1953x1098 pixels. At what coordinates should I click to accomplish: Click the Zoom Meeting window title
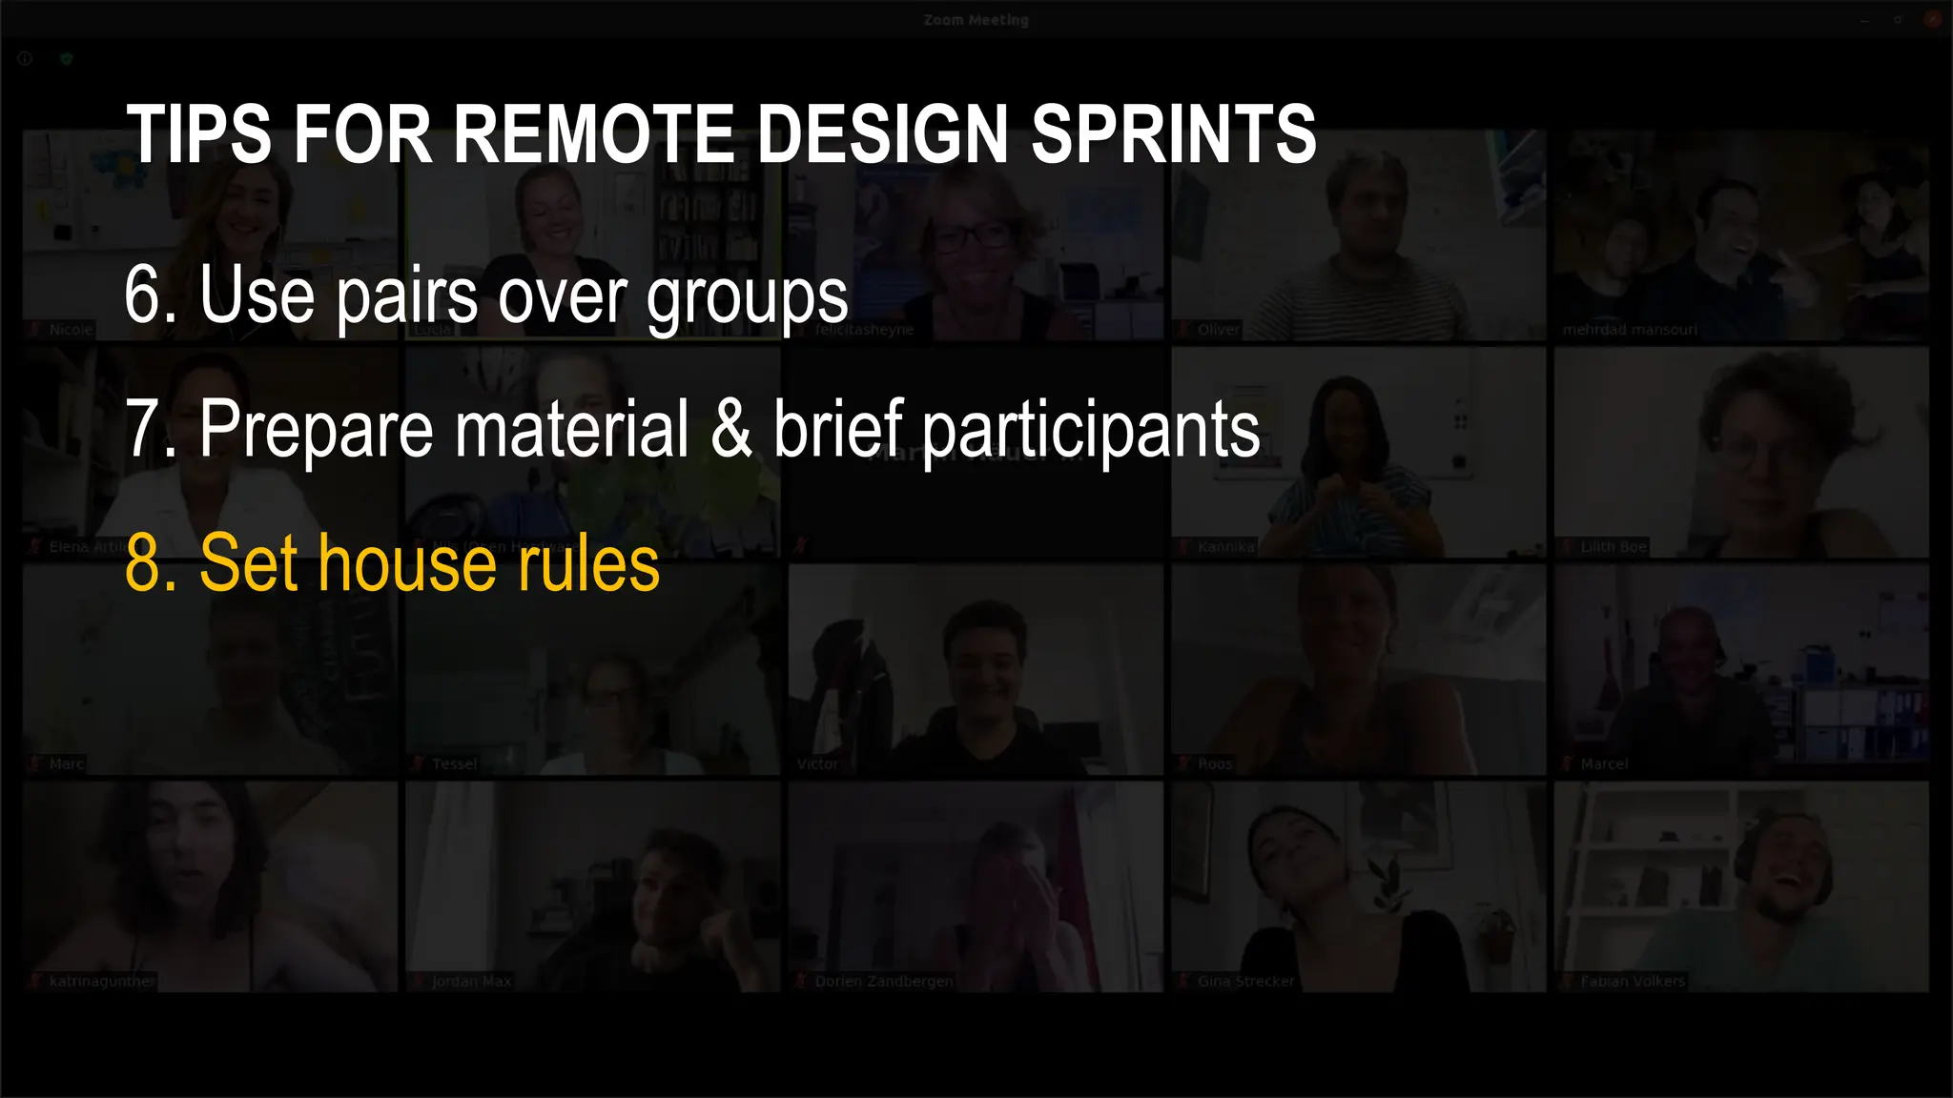pyautogui.click(x=976, y=20)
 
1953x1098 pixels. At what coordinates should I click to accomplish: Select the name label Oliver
pyautogui.click(x=1218, y=330)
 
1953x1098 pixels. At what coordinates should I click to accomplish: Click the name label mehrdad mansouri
pyautogui.click(x=1630, y=330)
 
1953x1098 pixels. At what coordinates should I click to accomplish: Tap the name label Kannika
pyautogui.click(x=1225, y=547)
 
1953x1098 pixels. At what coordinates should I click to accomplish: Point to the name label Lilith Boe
pyautogui.click(x=1613, y=547)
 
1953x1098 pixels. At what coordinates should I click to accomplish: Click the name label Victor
pyautogui.click(x=817, y=764)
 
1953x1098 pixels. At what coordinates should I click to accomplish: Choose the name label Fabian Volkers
pyautogui.click(x=1632, y=982)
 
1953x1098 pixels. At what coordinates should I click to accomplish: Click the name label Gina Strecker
pyautogui.click(x=1245, y=982)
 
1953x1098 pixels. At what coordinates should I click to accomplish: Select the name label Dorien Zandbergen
pyautogui.click(x=883, y=982)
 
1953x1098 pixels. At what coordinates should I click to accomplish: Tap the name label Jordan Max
pyautogui.click(x=471, y=982)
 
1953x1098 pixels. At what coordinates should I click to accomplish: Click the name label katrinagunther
pyautogui.click(x=101, y=982)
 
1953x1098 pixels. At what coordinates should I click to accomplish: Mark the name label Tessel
pyautogui.click(x=454, y=764)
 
